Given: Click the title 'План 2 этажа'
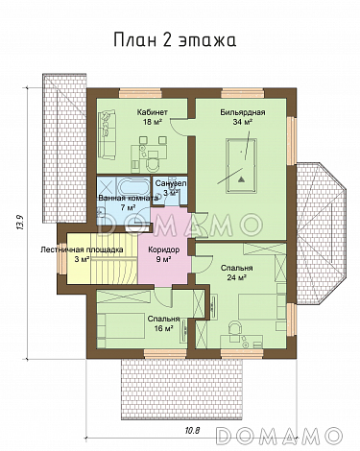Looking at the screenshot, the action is coord(175,40).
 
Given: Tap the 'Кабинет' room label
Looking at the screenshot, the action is coord(153,112).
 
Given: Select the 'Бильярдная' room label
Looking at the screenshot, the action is coord(242,112).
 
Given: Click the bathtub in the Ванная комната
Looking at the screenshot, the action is coord(133,186).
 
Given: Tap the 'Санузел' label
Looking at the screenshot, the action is coord(170,183).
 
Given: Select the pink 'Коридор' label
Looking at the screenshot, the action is coord(163,249).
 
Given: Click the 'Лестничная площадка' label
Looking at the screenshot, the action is coord(82,249).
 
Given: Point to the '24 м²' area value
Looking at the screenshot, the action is coord(236,277).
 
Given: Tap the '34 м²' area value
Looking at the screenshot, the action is coord(242,122).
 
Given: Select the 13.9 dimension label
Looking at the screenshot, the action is coord(19,223).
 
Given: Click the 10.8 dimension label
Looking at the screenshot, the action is coord(192,431).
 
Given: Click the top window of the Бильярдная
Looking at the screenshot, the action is coord(242,93).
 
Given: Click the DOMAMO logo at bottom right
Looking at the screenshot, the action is coord(277,436).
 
